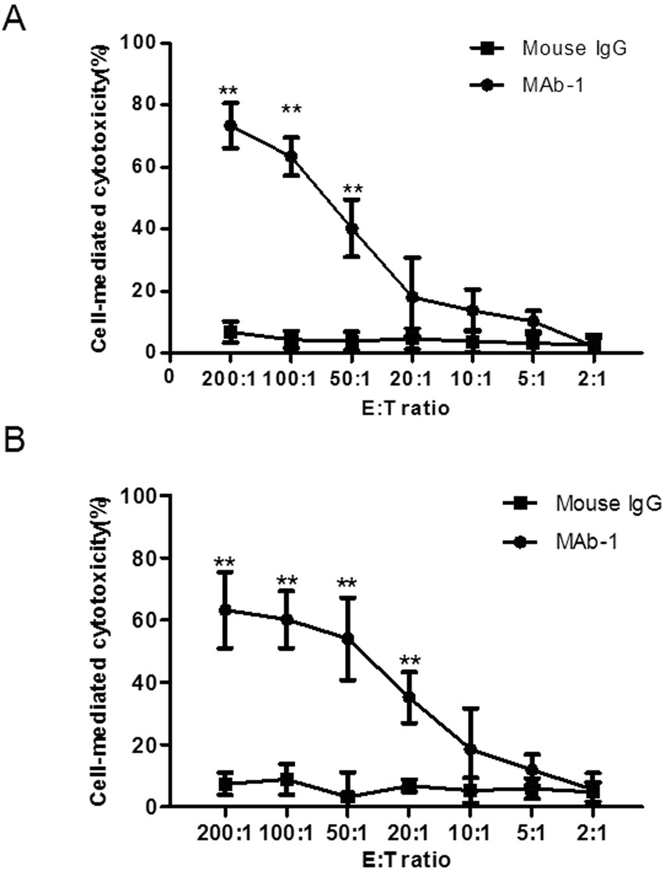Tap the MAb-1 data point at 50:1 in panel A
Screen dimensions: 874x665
(x=352, y=228)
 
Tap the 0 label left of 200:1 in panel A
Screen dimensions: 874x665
(x=169, y=376)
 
